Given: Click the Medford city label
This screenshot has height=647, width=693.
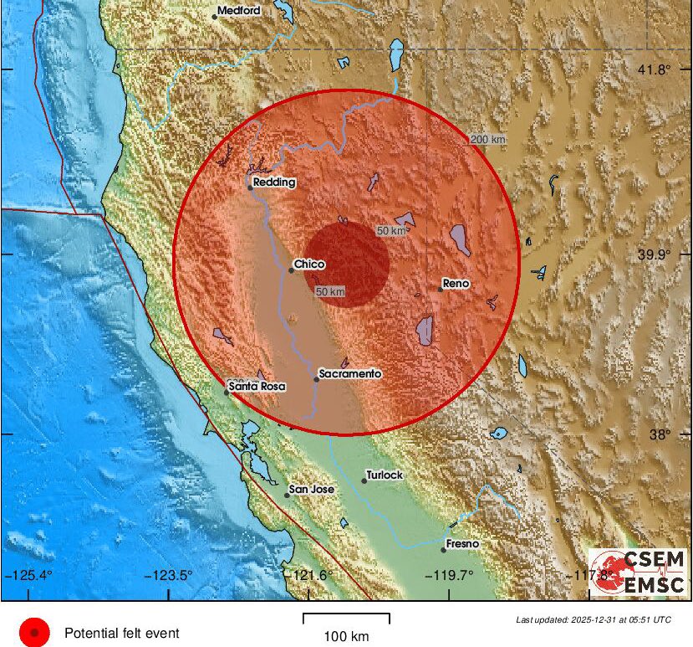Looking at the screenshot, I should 239,11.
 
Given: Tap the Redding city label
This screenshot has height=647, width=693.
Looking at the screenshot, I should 275,182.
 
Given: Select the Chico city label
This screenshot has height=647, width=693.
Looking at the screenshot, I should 309,264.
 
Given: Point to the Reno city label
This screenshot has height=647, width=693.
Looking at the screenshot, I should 456,284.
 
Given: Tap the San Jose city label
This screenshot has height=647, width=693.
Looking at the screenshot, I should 311,489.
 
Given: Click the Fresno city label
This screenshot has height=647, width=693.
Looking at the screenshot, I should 462,544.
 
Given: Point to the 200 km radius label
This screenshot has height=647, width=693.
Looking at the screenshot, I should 488,139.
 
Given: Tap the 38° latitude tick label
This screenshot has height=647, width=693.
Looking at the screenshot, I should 660,434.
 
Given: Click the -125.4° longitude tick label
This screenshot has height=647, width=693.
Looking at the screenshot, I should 29,575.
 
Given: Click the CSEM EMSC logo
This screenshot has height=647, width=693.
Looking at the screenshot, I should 638,572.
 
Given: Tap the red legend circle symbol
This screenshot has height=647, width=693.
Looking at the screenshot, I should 35,633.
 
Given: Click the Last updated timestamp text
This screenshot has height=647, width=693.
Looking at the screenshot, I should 594,620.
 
